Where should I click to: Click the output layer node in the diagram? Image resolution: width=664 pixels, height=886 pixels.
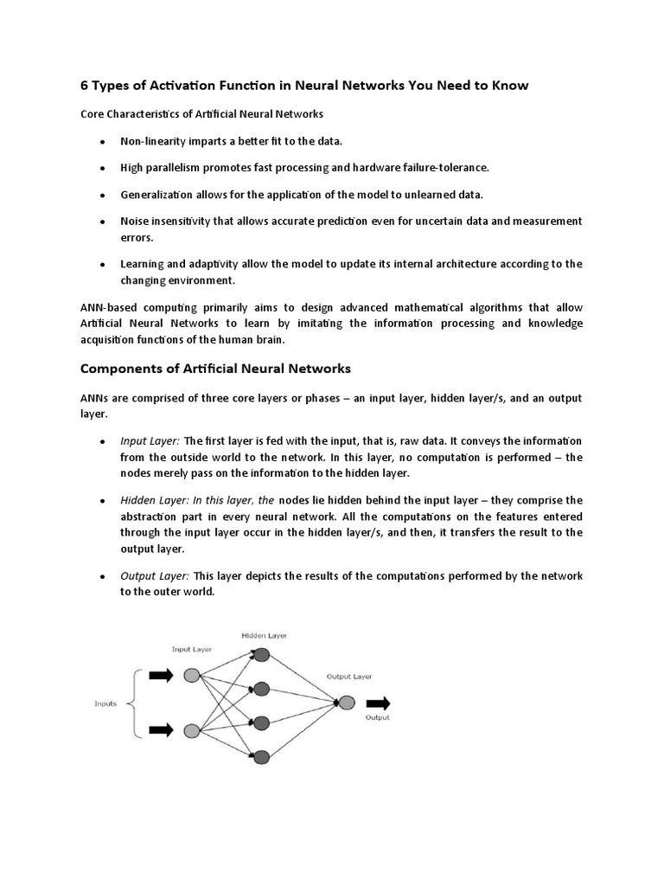point(346,703)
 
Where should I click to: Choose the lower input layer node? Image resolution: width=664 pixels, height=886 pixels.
point(192,731)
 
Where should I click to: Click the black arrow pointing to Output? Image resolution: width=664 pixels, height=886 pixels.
point(379,703)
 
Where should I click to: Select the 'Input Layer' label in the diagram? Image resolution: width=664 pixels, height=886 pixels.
point(192,648)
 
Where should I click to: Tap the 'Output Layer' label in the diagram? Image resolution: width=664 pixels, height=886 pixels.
point(348,676)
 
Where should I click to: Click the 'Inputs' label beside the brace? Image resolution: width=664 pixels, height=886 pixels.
point(105,703)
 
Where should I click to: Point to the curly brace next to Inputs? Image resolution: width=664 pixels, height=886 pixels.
point(132,703)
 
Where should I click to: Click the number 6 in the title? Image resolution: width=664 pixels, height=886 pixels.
point(85,86)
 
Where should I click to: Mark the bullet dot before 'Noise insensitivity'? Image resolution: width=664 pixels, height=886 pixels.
point(102,222)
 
